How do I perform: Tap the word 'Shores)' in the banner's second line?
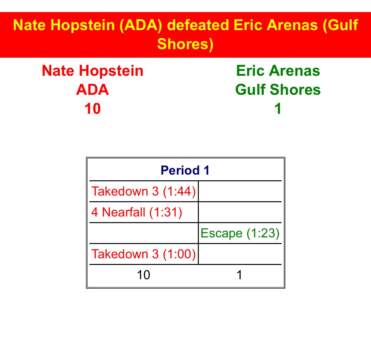point(185,44)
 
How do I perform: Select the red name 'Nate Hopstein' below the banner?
point(93,71)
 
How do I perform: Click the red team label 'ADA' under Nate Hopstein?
point(93,90)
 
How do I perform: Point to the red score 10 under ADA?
point(93,109)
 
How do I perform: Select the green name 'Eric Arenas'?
point(278,71)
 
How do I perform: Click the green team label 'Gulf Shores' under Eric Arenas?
point(278,90)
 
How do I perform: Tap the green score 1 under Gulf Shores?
point(278,109)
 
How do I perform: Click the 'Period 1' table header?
point(185,170)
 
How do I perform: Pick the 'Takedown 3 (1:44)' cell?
point(144,191)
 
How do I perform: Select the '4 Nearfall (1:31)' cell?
point(137,212)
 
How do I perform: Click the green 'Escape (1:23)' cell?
point(240,233)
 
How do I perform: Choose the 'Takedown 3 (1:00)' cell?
point(144,254)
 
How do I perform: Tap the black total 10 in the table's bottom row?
point(143,275)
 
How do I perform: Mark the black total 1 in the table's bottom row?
point(239,275)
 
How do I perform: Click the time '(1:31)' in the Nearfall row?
point(166,212)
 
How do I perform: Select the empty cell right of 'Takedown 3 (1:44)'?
point(240,191)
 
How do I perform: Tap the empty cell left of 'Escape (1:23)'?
point(144,233)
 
